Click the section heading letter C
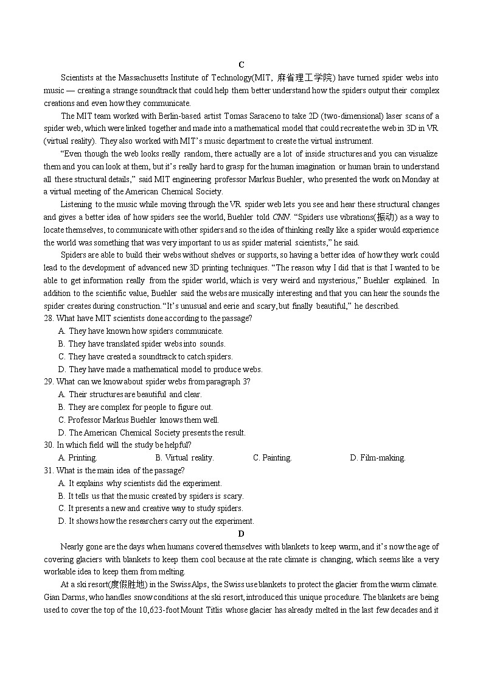pos(241,65)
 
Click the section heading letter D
pos(241,534)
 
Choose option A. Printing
pos(77,458)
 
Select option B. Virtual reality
pos(184,458)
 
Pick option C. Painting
pos(272,458)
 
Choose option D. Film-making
pos(377,458)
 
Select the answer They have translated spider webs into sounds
pos(146,344)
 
